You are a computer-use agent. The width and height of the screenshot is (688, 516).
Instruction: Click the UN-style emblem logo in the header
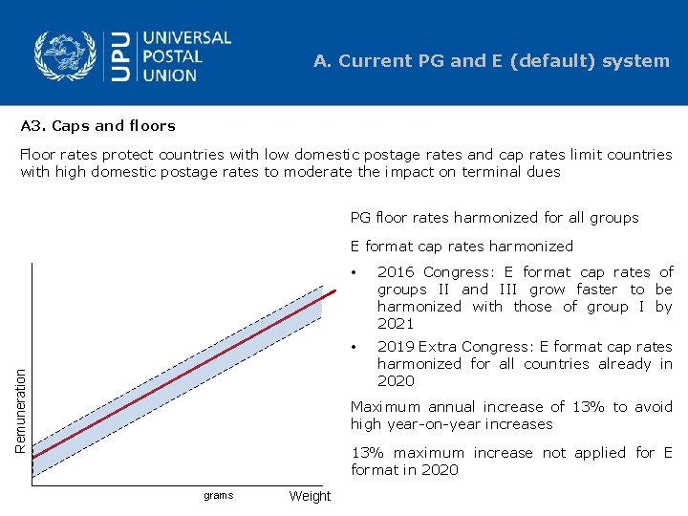click(66, 55)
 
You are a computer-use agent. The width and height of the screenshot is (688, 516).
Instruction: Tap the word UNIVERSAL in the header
click(187, 38)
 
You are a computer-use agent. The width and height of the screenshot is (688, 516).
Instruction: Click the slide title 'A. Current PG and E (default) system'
click(491, 61)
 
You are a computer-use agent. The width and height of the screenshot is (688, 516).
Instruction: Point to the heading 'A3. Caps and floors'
click(98, 125)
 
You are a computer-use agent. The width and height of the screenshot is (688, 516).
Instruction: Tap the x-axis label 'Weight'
click(310, 496)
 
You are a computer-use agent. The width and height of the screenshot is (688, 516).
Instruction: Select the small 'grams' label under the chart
click(218, 496)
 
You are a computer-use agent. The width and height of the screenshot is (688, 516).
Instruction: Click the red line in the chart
click(182, 373)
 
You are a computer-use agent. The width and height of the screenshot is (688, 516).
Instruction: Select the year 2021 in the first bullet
click(396, 324)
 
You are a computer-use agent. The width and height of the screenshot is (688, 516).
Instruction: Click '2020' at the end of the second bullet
click(396, 381)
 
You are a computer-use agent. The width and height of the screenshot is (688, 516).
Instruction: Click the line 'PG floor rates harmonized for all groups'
click(494, 218)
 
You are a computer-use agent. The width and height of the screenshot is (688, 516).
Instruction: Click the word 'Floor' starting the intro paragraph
click(39, 155)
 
